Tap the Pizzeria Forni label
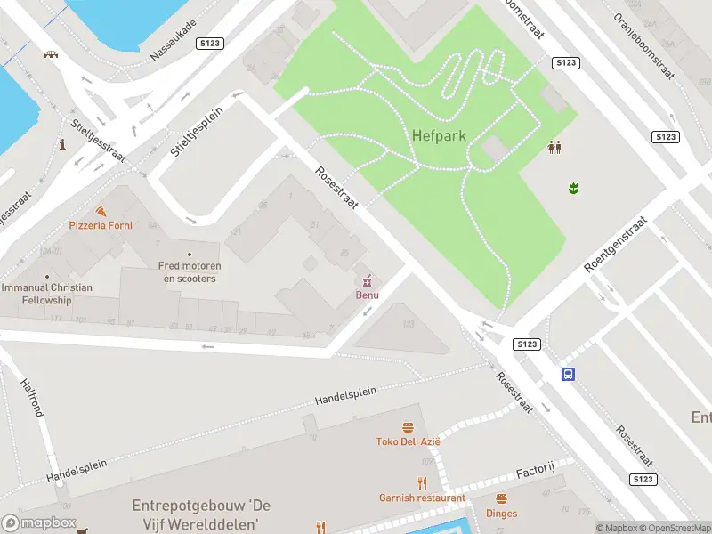(101, 225)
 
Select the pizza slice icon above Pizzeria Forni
(101, 211)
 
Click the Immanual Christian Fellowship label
(46, 294)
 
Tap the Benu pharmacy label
(368, 295)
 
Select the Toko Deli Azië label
(409, 441)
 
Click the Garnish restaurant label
(422, 498)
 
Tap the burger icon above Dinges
(501, 498)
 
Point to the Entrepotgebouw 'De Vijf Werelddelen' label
(200, 514)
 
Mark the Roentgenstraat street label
(615, 243)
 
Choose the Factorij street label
(536, 469)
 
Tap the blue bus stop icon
(568, 374)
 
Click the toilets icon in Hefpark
(554, 147)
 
